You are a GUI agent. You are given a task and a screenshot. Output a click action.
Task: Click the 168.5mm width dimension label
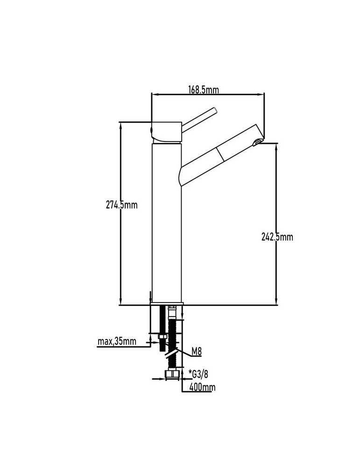click(x=204, y=89)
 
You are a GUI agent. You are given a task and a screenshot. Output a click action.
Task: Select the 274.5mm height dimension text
click(x=122, y=205)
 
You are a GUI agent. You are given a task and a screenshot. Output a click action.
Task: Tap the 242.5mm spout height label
click(x=277, y=237)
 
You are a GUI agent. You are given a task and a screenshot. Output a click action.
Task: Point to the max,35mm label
click(x=117, y=341)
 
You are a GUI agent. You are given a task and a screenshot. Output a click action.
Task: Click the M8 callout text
click(x=196, y=352)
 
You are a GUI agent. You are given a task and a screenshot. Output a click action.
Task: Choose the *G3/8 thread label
click(x=198, y=374)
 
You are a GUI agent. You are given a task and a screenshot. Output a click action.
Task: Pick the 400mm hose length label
click(x=203, y=387)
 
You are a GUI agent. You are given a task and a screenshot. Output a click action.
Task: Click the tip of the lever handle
click(x=215, y=110)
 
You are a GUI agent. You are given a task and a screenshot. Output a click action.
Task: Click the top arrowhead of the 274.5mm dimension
click(x=120, y=125)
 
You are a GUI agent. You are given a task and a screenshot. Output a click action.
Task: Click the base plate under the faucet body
click(x=167, y=304)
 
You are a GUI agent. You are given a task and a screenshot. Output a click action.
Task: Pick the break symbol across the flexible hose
click(x=171, y=353)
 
